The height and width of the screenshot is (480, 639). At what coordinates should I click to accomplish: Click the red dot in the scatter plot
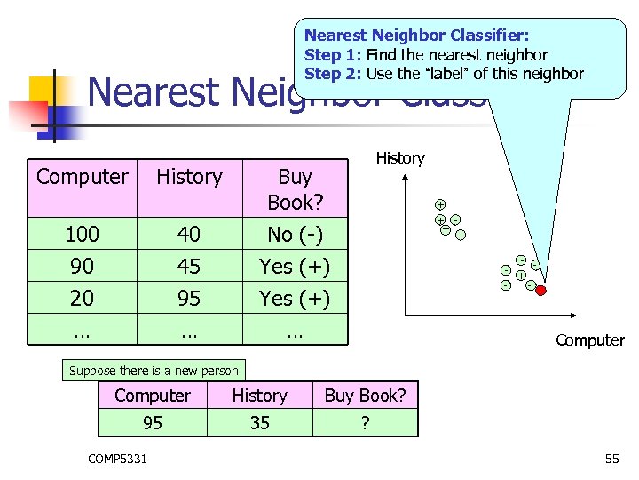tap(540, 290)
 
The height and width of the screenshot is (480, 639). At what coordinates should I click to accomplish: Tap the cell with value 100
tap(82, 235)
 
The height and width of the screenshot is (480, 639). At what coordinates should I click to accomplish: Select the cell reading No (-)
tap(295, 235)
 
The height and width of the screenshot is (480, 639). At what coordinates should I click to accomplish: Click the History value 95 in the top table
tap(189, 298)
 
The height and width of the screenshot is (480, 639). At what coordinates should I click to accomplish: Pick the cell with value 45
tap(189, 266)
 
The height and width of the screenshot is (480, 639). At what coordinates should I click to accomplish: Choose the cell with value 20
tap(82, 298)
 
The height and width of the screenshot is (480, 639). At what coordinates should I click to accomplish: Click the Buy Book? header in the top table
tap(295, 188)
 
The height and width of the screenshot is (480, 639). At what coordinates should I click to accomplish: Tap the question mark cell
tap(365, 423)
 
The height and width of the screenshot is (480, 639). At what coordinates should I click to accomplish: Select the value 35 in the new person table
tap(259, 423)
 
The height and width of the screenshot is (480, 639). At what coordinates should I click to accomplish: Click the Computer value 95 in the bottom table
tap(153, 423)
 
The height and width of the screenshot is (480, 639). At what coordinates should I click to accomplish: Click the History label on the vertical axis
tap(400, 158)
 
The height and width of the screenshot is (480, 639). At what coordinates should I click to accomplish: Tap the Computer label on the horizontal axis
tap(589, 340)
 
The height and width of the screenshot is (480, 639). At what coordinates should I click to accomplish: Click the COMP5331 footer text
tap(118, 459)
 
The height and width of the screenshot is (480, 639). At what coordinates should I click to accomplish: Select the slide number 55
tap(611, 459)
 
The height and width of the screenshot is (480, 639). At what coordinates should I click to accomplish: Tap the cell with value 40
tap(189, 235)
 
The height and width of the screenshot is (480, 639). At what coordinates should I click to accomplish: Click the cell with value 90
tap(82, 266)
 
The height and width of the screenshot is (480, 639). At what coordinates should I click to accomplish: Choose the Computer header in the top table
tap(82, 177)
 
